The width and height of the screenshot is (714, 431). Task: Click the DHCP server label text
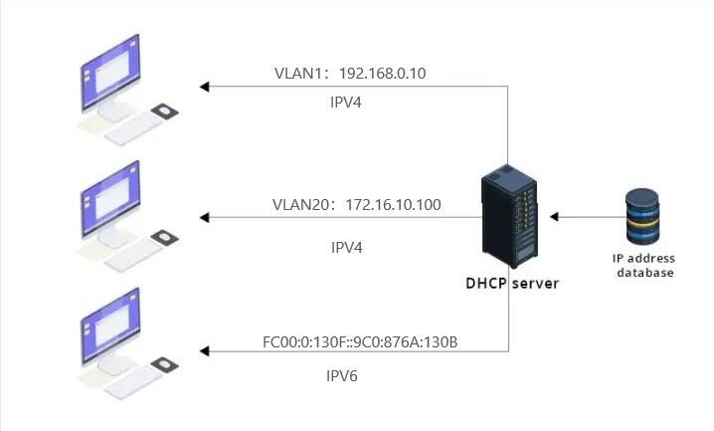point(512,283)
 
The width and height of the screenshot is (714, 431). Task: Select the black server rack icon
point(510,217)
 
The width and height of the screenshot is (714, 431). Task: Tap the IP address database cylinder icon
point(642,216)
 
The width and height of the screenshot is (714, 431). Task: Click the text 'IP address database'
point(644,266)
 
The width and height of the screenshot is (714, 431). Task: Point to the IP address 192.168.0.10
point(384,73)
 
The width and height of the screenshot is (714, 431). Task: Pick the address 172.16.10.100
point(394,205)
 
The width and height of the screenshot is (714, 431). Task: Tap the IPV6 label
point(344,375)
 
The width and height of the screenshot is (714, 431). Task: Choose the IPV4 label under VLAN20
point(345,245)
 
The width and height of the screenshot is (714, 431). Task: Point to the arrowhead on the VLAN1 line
point(204,88)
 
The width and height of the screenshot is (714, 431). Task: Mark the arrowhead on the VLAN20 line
point(204,217)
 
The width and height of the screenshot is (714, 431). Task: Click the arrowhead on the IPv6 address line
point(204,350)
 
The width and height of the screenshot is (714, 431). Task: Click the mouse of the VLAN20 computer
point(164,239)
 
